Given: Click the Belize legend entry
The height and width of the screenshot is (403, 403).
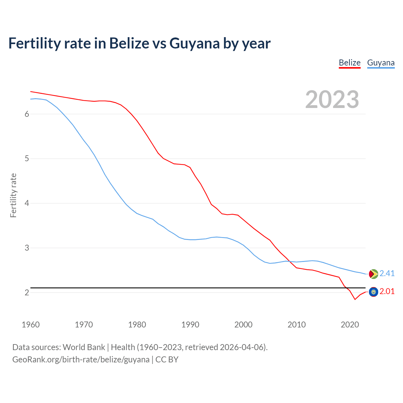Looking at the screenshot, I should (349, 63).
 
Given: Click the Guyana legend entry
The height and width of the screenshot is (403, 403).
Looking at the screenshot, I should (381, 63).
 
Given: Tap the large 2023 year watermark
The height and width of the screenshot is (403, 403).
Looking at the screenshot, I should (332, 99).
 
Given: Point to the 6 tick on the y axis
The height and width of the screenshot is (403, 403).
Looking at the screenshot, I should (27, 114).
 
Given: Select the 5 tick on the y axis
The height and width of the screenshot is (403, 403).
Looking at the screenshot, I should (27, 159).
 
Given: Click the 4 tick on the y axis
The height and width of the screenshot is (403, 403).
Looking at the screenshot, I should (27, 203).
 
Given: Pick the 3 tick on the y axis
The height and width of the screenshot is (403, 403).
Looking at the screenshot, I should (27, 248).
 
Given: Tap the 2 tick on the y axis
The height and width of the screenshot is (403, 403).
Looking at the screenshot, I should (27, 292).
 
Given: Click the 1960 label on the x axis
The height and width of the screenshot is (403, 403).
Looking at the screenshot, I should (31, 325).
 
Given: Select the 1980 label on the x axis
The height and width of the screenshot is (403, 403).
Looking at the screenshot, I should (137, 325).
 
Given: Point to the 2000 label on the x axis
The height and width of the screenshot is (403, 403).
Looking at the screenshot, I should (243, 325).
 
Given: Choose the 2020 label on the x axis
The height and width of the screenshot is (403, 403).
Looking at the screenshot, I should (350, 325).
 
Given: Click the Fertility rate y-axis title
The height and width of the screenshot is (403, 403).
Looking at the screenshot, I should (13, 195).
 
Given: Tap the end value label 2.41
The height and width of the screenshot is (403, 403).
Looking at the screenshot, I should (387, 273).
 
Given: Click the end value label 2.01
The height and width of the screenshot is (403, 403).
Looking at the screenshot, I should (387, 292).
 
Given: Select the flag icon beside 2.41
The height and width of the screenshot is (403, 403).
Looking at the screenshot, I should (373, 274).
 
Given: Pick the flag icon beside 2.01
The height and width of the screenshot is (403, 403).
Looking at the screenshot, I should (373, 292).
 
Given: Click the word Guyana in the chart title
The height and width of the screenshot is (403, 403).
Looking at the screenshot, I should (194, 43).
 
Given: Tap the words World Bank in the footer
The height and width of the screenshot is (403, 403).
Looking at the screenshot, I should (84, 347).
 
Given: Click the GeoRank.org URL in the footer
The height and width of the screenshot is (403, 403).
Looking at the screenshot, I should (81, 360).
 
